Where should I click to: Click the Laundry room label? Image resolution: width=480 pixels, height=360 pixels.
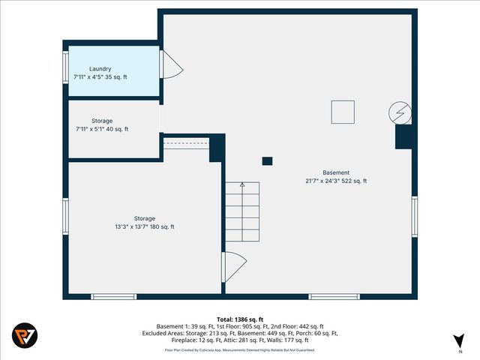coord(100,68)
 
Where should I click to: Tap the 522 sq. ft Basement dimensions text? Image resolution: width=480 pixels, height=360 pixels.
coord(336,181)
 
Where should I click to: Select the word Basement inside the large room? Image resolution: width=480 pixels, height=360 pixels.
coord(336,172)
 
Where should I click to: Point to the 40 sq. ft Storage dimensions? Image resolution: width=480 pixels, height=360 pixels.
coord(102,129)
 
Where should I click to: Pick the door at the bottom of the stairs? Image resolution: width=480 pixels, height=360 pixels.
coord(234,265)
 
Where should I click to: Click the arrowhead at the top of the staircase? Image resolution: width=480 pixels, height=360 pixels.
coord(241,184)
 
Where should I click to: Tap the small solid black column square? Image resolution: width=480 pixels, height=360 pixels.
coord(267,160)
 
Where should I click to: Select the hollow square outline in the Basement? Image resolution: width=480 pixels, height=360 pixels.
coord(343,112)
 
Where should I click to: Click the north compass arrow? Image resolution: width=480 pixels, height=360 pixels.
coord(458,338)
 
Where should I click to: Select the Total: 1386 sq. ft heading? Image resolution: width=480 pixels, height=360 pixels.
coord(240,319)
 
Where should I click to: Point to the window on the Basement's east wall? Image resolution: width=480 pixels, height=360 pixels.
coord(414,217)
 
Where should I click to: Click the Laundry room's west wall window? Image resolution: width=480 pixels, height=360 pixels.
coord(66,68)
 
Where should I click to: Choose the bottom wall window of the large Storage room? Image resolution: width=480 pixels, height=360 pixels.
coord(113,296)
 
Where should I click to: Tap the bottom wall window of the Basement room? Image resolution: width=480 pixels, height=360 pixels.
coord(329,296)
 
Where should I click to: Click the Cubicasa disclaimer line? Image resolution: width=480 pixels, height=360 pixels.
coord(240,349)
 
